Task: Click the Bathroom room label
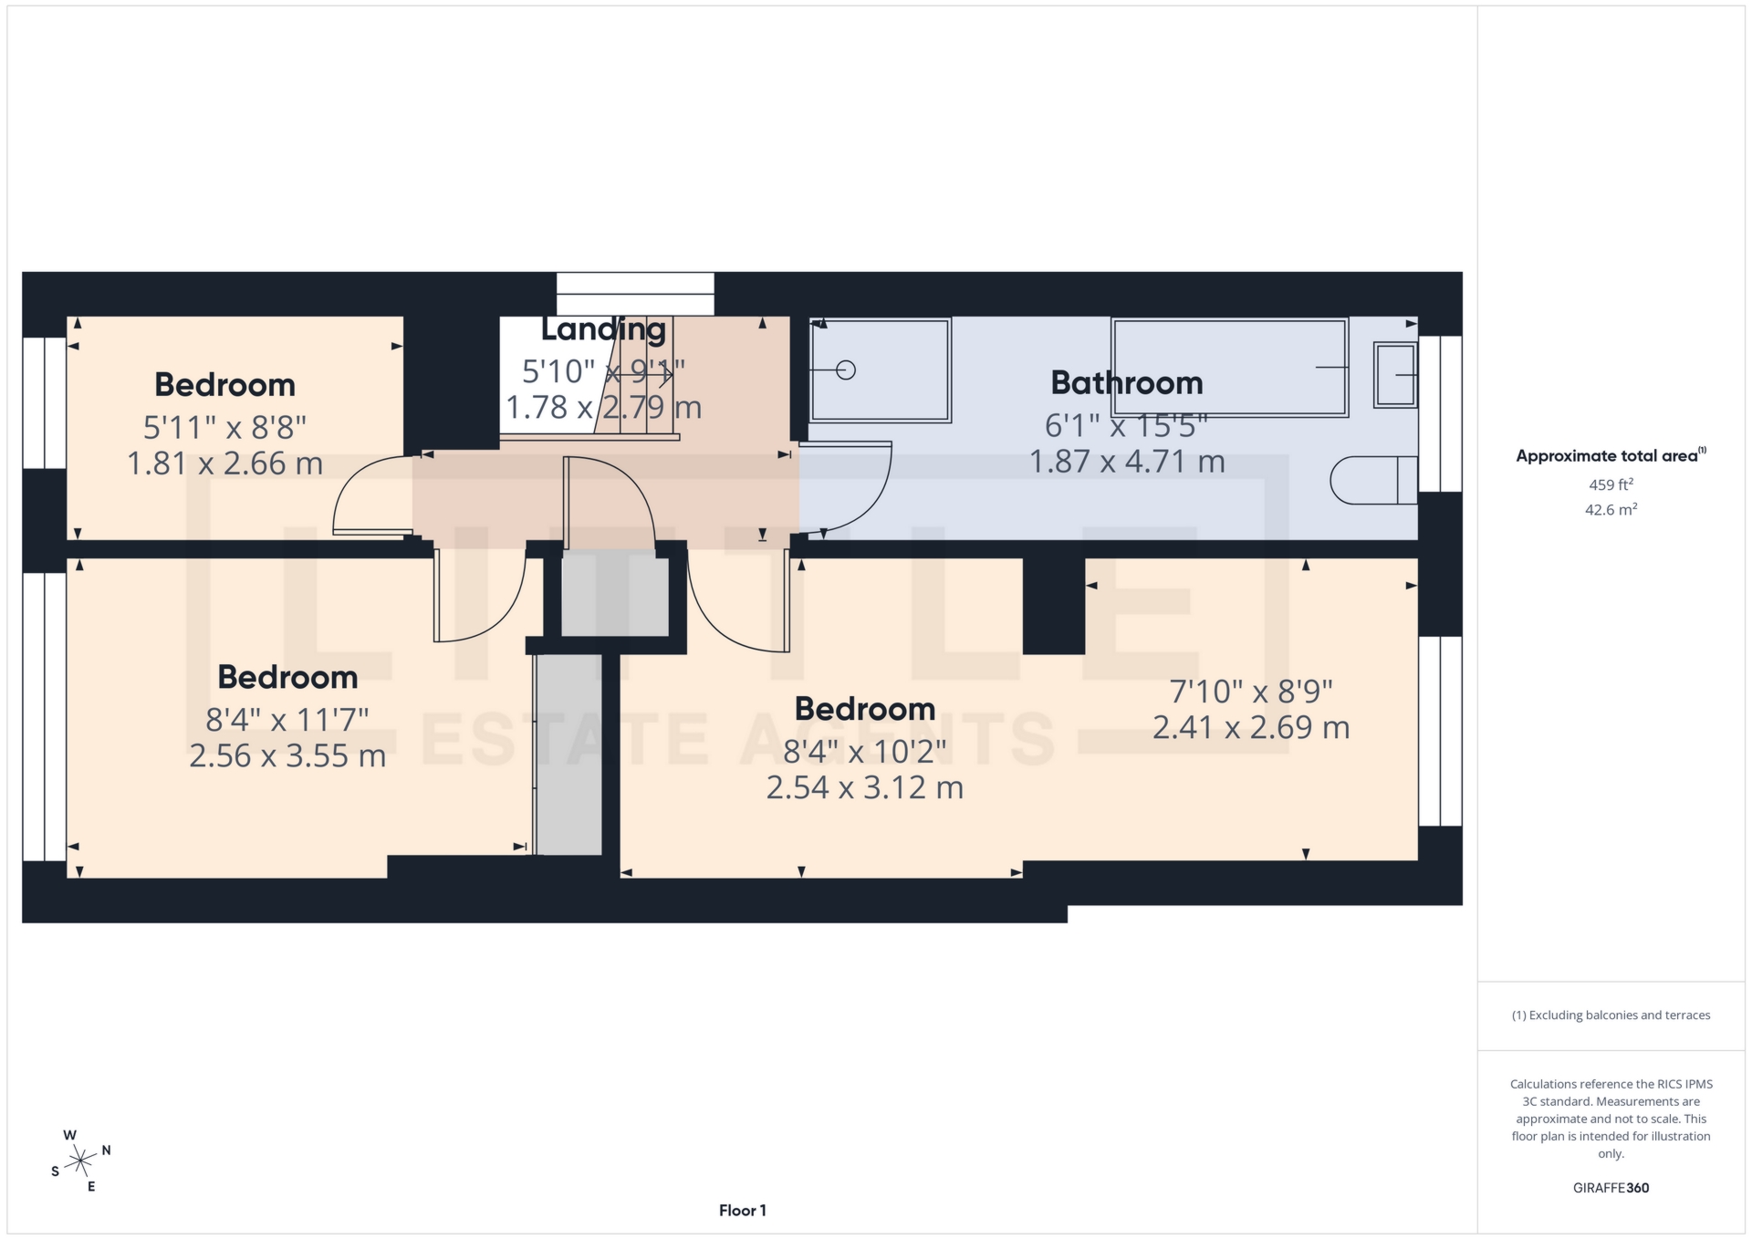click(1126, 382)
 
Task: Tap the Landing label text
click(603, 329)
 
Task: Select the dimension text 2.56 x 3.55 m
click(287, 756)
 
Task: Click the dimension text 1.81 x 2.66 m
click(224, 463)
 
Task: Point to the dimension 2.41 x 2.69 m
click(1250, 727)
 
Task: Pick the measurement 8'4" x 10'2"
click(864, 752)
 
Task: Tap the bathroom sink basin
click(1394, 374)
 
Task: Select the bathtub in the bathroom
click(1228, 367)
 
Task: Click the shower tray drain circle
click(846, 370)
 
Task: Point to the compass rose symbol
click(81, 1161)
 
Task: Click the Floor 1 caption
click(742, 1211)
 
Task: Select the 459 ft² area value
click(1611, 484)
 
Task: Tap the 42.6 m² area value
click(1611, 509)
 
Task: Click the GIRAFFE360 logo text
click(1611, 1188)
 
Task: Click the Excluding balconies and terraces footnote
click(1611, 1015)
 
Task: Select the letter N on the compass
click(106, 1150)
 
